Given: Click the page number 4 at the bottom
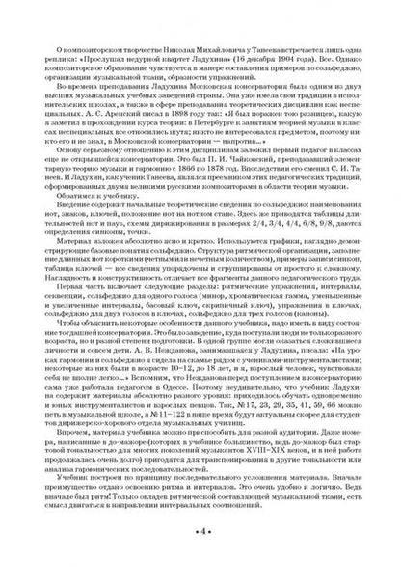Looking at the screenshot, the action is (200, 530).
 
